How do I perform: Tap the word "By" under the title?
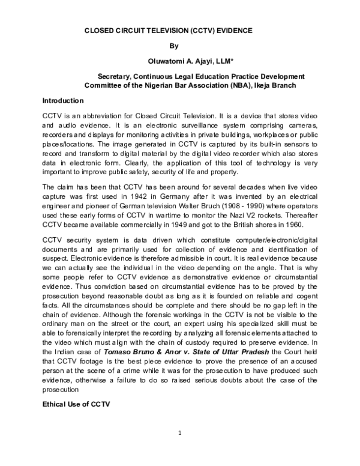(173, 45)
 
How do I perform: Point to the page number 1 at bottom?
(180, 434)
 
